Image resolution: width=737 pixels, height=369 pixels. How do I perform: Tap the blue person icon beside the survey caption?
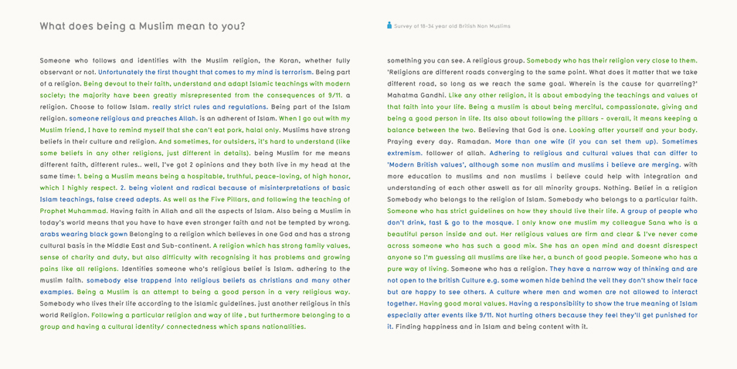(389, 25)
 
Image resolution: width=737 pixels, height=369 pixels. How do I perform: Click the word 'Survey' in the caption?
(403, 26)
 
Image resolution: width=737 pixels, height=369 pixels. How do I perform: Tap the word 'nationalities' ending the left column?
(280, 327)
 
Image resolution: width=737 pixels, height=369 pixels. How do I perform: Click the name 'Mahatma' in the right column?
(404, 95)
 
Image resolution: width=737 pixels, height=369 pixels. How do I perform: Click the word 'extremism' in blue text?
(405, 153)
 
